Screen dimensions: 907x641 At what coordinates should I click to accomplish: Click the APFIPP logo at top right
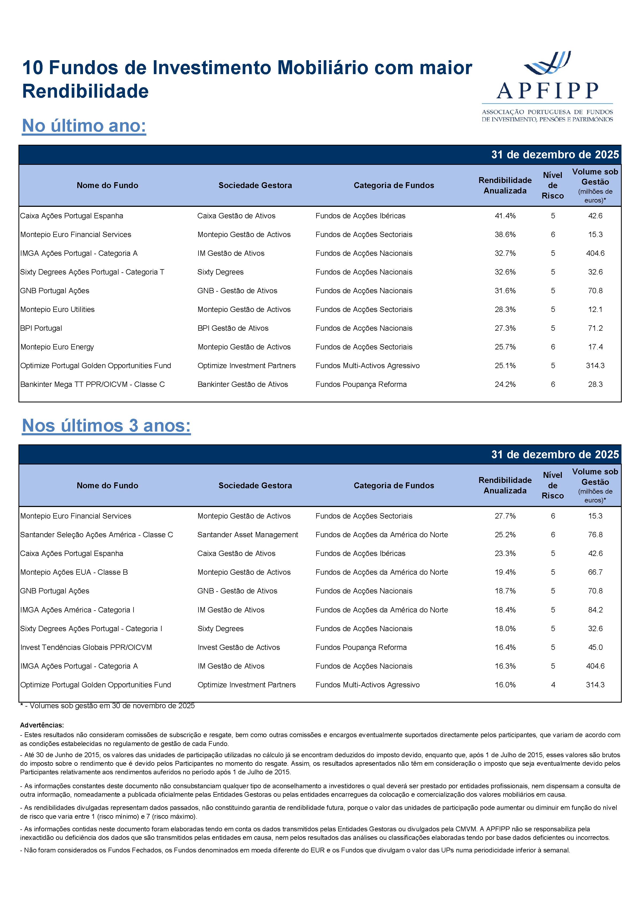click(x=547, y=87)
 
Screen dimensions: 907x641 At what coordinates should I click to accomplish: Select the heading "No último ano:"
click(x=84, y=126)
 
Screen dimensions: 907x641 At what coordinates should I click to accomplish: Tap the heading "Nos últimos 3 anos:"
click(x=106, y=425)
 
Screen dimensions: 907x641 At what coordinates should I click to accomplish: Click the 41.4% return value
click(x=505, y=216)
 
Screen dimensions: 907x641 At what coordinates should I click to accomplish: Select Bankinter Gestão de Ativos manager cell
click(x=242, y=384)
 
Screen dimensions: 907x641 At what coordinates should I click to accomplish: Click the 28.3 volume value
click(x=595, y=384)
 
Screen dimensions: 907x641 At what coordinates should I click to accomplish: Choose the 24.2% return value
click(x=505, y=384)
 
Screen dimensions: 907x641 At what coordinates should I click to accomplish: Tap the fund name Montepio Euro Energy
click(x=57, y=347)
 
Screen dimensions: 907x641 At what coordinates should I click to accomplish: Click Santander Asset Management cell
click(x=248, y=535)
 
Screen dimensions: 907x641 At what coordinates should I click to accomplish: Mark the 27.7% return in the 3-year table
click(x=505, y=516)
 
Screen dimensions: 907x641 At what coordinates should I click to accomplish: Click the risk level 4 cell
click(x=553, y=685)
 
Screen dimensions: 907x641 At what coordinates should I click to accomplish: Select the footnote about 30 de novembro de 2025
click(x=108, y=706)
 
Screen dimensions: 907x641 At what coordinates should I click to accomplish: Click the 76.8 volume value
click(x=595, y=535)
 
